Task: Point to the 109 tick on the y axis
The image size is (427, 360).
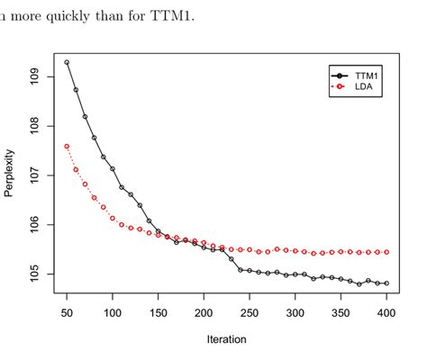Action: pos(35,76)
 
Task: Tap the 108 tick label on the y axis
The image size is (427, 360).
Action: pos(35,126)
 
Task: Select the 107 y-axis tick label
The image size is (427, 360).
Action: pos(35,175)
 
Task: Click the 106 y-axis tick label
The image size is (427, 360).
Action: pos(35,224)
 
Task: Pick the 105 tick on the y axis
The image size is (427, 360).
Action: pos(35,273)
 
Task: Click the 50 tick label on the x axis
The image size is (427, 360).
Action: pos(67,312)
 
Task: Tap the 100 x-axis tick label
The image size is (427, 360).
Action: pos(113,312)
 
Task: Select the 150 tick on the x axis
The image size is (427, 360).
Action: pos(159,312)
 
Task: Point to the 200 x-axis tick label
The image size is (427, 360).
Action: pos(204,312)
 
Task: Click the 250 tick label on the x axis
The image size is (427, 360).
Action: pos(250,312)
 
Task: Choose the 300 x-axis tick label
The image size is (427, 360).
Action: pos(295,312)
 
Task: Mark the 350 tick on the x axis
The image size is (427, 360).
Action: pos(341,312)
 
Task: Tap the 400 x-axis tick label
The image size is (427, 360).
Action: pos(386,312)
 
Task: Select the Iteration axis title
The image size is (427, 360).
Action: pos(226,339)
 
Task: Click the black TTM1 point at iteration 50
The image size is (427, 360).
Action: pos(67,62)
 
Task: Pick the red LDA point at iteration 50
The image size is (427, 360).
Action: pos(67,146)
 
